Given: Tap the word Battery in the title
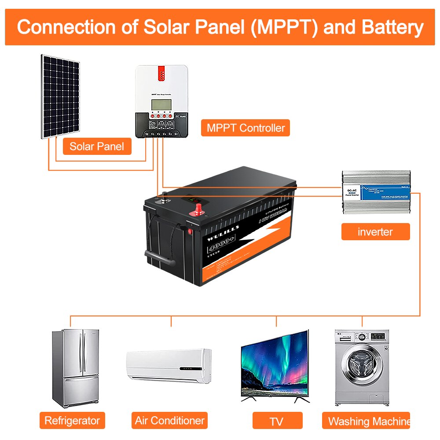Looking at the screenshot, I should (x=392, y=27).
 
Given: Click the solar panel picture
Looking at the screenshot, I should (x=61, y=96).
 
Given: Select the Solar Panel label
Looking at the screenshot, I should (x=97, y=146).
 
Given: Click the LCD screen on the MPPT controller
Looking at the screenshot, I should (x=161, y=105).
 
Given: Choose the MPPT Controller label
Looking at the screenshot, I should (x=246, y=128).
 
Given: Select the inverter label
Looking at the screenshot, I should (x=375, y=231).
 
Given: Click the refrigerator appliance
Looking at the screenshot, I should (x=74, y=368).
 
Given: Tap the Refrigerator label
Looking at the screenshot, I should (x=72, y=420).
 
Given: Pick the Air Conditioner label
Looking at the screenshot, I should (x=169, y=420).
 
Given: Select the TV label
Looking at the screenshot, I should (x=277, y=421).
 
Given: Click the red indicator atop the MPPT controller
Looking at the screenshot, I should (x=161, y=73).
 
